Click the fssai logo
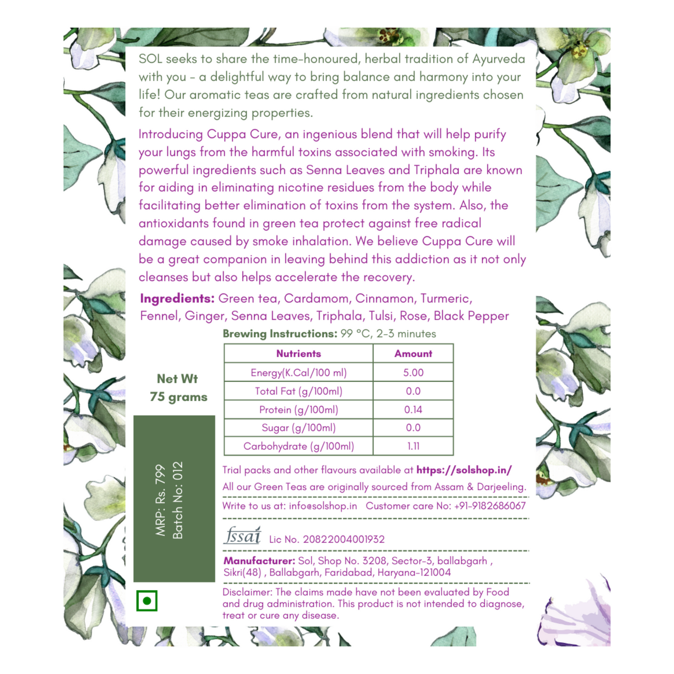(242, 536)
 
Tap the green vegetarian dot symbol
(147, 601)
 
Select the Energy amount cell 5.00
(413, 373)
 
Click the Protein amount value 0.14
(413, 410)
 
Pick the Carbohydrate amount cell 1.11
(413, 446)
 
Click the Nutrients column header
(299, 354)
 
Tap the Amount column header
(413, 354)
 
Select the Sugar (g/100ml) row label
(299, 428)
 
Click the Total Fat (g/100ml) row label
(299, 391)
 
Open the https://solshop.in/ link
(464, 470)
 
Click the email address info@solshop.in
(323, 506)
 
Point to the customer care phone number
(490, 506)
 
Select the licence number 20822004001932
(344, 540)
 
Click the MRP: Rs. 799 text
(160, 500)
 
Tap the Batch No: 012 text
(178, 500)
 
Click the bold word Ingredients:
(177, 299)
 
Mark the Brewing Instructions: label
(280, 334)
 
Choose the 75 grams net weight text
(179, 397)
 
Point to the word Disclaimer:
(247, 592)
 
